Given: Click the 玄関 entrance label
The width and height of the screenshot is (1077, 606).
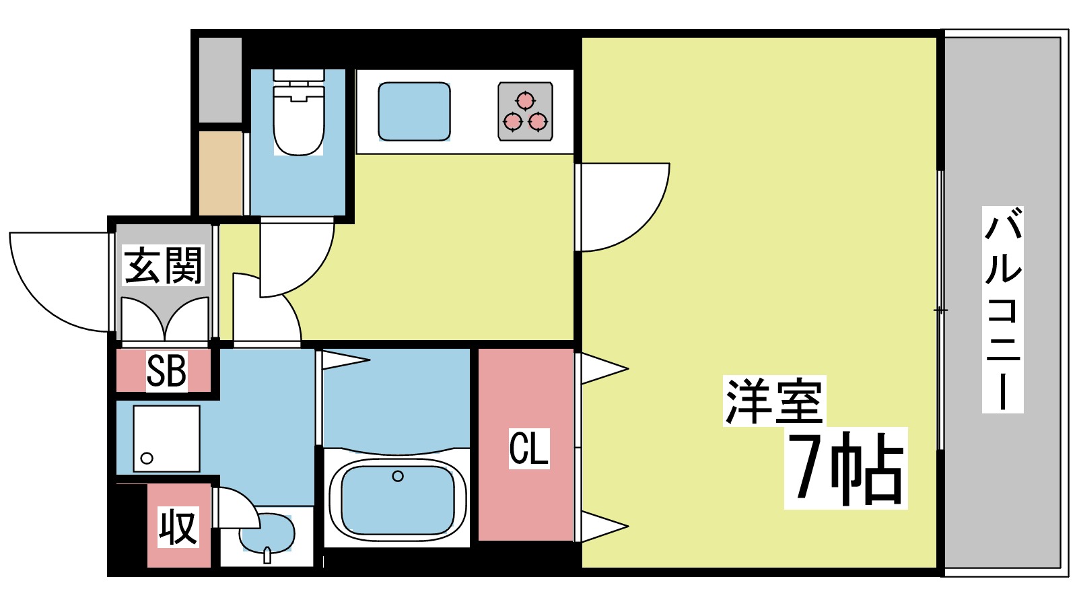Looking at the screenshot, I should [x=163, y=265].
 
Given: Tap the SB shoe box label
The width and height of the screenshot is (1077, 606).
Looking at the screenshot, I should [x=166, y=371].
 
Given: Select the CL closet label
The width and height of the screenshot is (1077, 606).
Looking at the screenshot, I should [x=528, y=448].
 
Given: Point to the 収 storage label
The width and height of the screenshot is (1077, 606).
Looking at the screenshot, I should [x=178, y=527].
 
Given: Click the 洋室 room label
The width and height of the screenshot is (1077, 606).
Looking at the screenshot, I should [x=773, y=401].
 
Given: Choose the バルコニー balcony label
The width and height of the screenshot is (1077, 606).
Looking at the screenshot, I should [x=1002, y=310].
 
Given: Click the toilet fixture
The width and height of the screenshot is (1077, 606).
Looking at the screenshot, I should [x=298, y=114].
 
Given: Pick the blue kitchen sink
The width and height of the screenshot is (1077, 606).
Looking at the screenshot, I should [x=414, y=112].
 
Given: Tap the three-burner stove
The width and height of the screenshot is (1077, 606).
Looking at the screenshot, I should [x=525, y=112].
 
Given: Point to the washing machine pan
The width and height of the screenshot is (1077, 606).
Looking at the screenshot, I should [x=166, y=438].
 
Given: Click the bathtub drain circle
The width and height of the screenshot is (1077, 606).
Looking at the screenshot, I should [x=398, y=477].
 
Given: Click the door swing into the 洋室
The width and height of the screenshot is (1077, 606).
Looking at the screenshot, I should [x=623, y=205].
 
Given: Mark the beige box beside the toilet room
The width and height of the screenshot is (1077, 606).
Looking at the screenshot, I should [x=221, y=173].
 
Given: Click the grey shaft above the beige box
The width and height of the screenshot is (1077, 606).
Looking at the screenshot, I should [x=220, y=80].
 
